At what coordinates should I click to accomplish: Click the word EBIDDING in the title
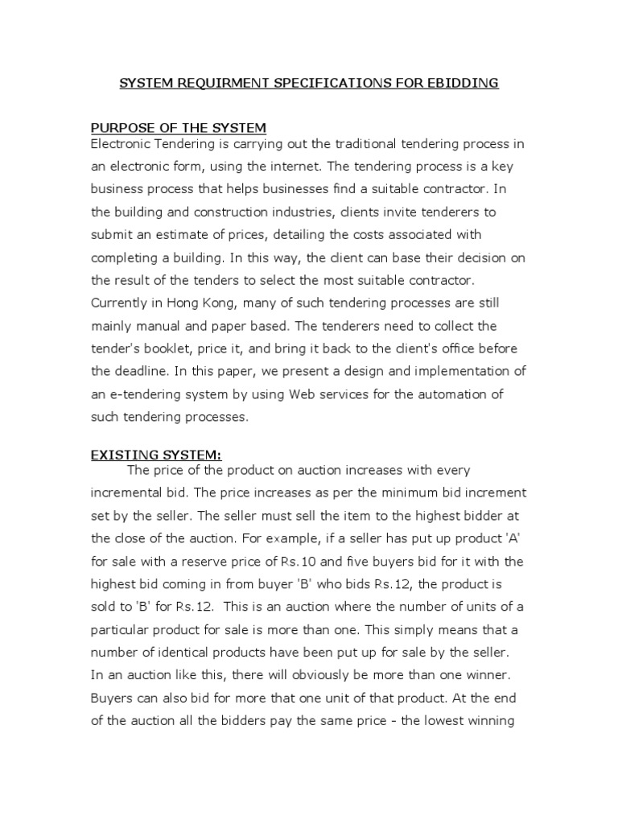462,83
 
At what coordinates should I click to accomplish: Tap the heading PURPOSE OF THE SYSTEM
178,128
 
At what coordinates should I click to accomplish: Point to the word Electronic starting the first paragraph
122,144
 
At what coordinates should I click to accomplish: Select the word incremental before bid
132,493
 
